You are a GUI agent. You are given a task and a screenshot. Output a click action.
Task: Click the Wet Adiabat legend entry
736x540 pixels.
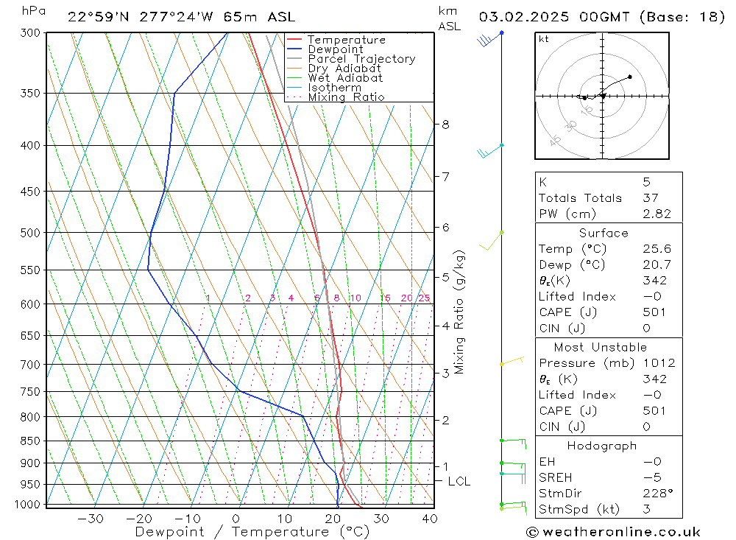344,78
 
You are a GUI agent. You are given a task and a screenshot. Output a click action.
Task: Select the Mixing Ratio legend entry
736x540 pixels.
346,97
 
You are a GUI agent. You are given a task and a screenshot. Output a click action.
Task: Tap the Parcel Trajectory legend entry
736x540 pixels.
361,59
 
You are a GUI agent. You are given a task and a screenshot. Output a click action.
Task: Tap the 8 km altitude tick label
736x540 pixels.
445,125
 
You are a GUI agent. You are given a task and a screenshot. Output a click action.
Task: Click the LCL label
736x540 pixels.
459,482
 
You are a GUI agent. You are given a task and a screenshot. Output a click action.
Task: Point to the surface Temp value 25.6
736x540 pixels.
657,249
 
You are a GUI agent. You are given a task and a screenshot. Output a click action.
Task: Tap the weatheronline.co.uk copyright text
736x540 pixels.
613,532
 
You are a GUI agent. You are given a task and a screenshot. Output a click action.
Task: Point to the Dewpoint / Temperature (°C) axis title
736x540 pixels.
252,531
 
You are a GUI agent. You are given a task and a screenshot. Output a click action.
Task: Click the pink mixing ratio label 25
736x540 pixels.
424,298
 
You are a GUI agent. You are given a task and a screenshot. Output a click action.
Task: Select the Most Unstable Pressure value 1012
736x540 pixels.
659,363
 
